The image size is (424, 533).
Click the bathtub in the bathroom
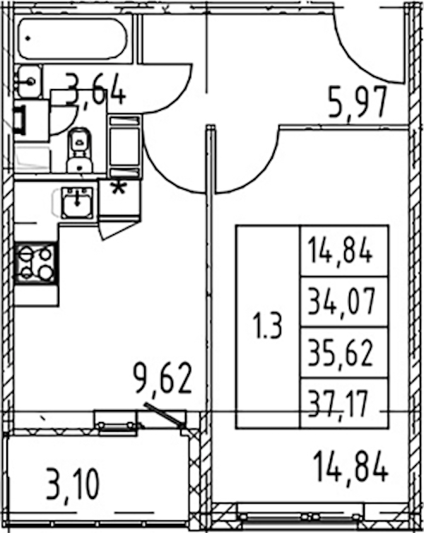(73, 39)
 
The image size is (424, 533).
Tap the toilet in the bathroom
(80, 151)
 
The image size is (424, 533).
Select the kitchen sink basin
(78, 203)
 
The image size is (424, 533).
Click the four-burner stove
(35, 262)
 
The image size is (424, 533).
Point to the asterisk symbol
(119, 188)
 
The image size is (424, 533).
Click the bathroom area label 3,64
(96, 89)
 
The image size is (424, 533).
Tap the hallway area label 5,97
(358, 102)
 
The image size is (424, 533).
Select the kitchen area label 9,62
(163, 379)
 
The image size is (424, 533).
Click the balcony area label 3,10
(73, 485)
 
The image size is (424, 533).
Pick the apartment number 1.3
(268, 326)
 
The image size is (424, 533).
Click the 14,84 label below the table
(351, 467)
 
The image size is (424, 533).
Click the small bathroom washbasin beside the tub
(29, 81)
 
